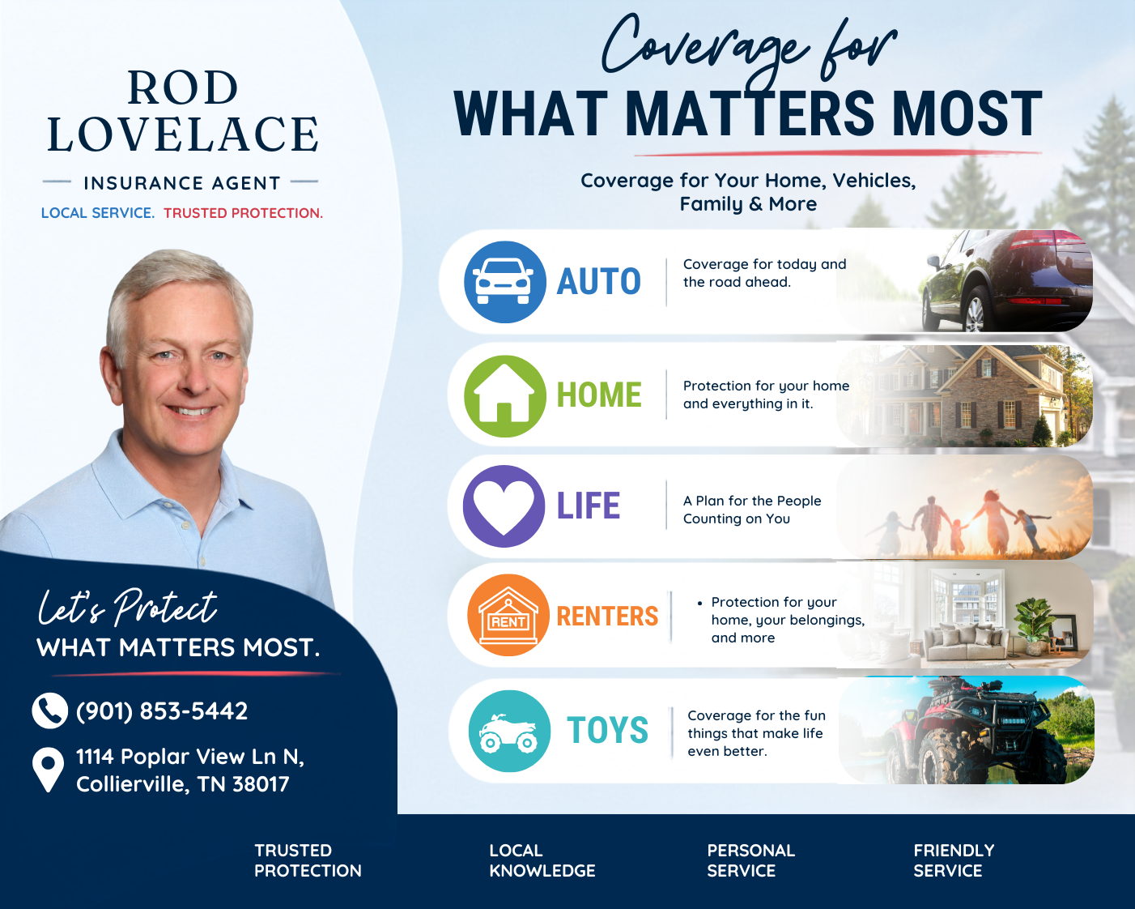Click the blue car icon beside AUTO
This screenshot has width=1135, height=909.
pos(504,282)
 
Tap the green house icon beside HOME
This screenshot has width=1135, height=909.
pos(504,396)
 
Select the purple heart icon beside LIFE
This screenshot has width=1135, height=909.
pos(504,506)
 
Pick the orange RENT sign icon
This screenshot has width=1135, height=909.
pos(508,615)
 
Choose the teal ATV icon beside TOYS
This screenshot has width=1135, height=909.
pos(509,731)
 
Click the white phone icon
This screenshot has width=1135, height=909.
pos(49,711)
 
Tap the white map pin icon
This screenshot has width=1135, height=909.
pos(48,770)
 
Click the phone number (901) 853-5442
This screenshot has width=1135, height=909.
pos(162,711)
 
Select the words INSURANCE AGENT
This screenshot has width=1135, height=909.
pos(182,183)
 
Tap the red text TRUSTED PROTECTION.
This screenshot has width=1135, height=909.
pos(243,213)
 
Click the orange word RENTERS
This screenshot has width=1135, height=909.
pos(608,616)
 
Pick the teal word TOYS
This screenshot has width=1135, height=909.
pos(608,730)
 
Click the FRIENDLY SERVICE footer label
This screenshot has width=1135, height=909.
pos(954,860)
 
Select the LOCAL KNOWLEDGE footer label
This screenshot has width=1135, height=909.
pos(542,860)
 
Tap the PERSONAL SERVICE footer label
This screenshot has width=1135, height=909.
pos(750,860)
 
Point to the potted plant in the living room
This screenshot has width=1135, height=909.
pos(1035,626)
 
